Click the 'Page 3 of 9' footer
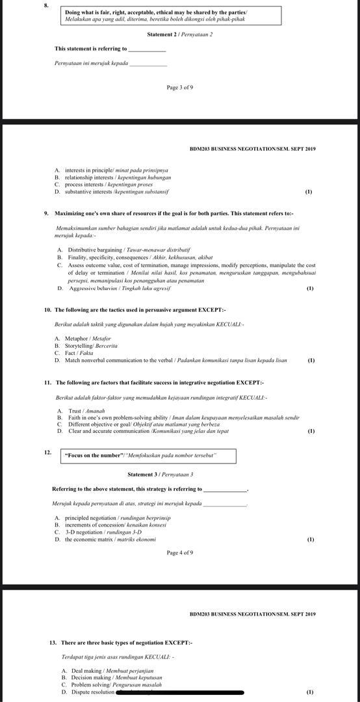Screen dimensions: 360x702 point(180,87)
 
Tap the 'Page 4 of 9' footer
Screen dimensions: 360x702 point(180,553)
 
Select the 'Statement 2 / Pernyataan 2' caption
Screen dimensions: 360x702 point(180,34)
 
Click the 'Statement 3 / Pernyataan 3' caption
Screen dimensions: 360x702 point(161,474)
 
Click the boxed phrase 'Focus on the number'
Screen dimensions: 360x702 point(140,455)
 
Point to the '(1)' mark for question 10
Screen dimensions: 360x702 point(311,360)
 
